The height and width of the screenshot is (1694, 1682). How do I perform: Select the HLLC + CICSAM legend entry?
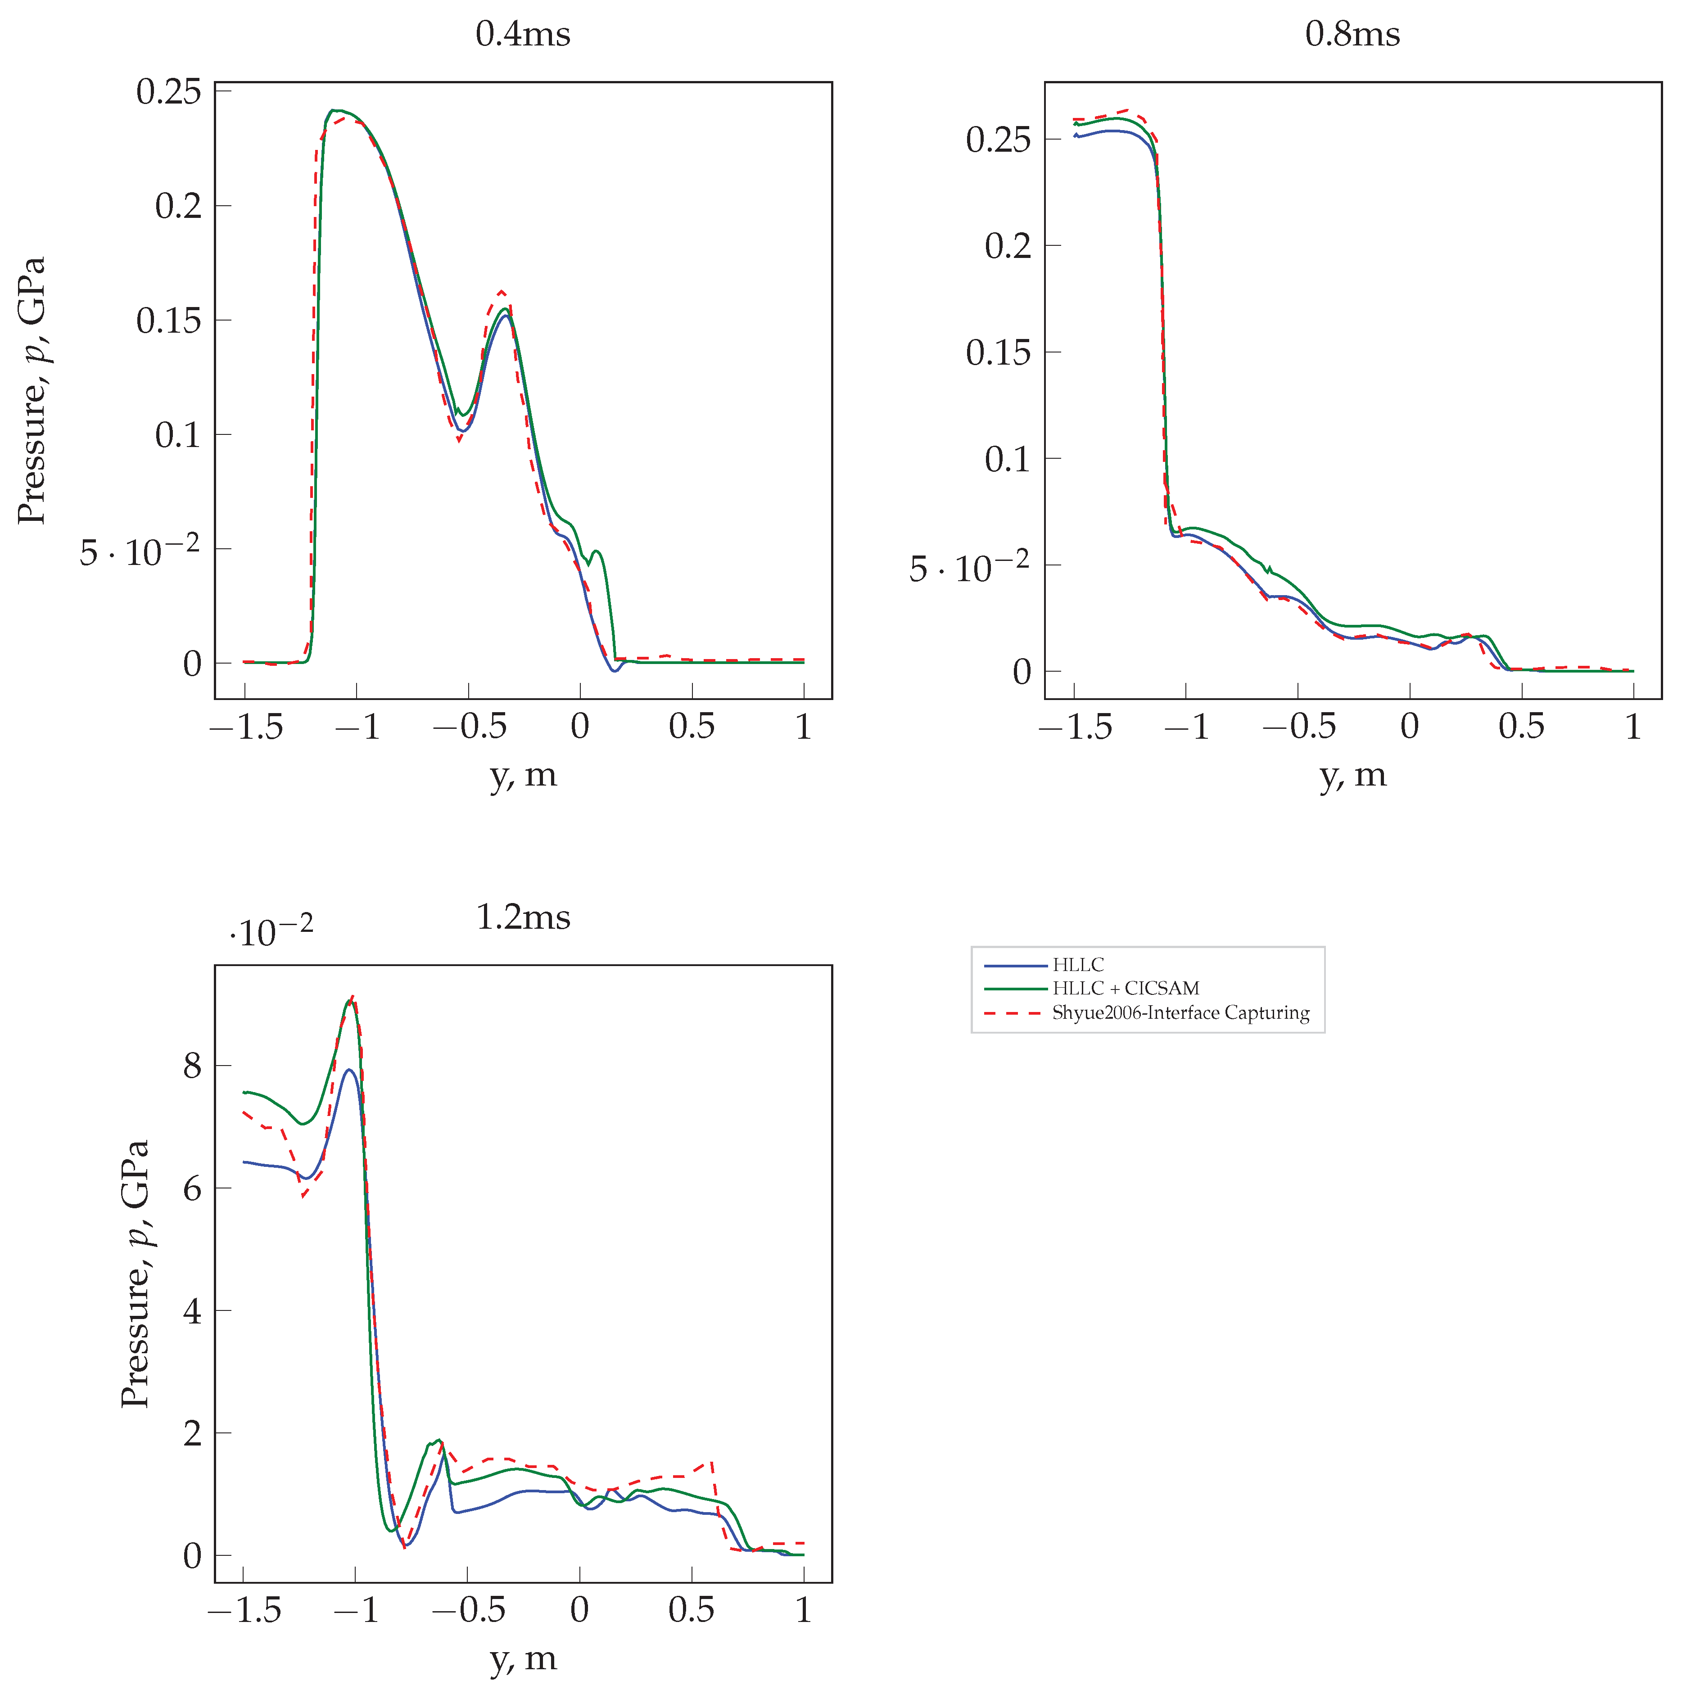click(x=1125, y=988)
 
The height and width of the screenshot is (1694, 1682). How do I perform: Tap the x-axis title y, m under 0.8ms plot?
click(x=1352, y=775)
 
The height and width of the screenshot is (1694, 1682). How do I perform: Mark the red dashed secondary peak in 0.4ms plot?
click(x=502, y=291)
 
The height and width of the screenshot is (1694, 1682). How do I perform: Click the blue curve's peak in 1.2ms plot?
click(x=348, y=1070)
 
